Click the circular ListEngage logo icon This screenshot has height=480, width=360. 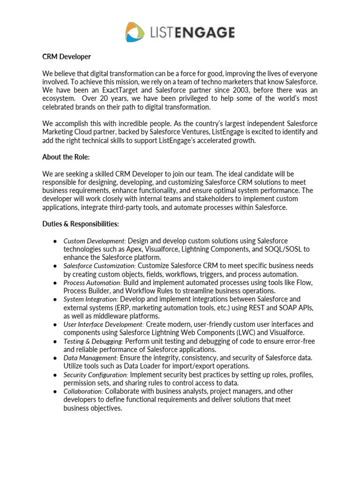[x=136, y=32]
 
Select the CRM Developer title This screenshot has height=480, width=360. [x=66, y=57]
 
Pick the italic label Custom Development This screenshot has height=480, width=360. [x=94, y=241]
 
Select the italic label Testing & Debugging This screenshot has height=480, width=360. [x=93, y=342]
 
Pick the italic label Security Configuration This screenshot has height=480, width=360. [x=96, y=375]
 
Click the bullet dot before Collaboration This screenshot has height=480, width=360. [x=55, y=391]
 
